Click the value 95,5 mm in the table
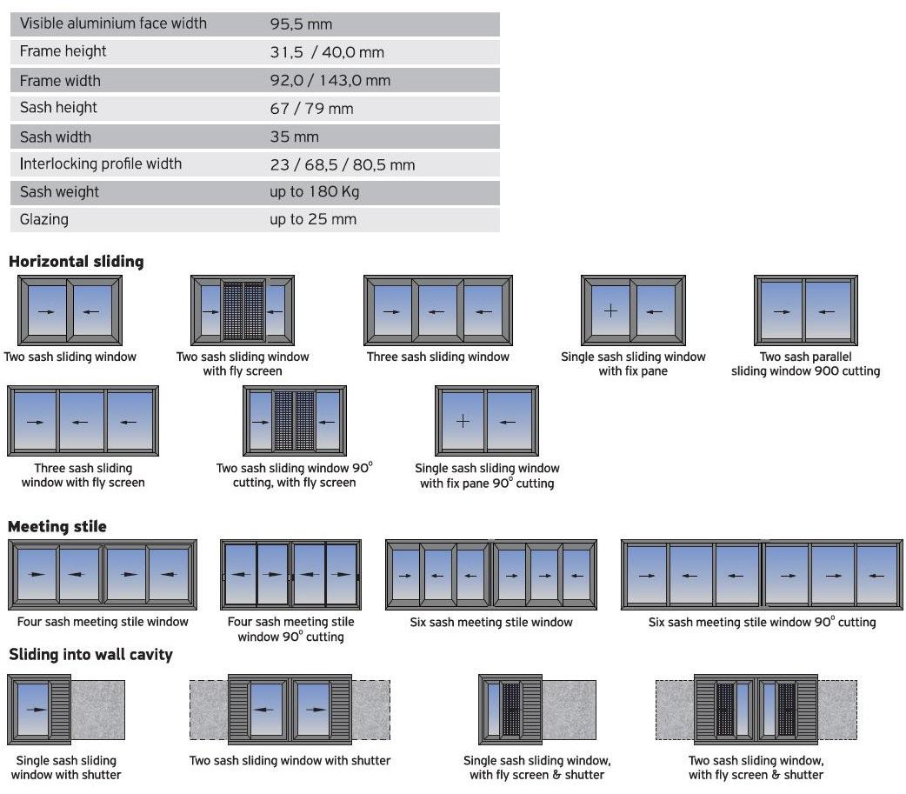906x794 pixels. (301, 24)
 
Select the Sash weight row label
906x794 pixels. (59, 192)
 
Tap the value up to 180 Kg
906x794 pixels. (314, 192)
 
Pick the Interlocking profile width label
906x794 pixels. (101, 164)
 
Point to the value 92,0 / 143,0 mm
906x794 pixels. (330, 81)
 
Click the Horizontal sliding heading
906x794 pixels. (77, 261)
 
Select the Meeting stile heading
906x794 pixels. (57, 526)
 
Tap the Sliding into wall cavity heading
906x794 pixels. (90, 655)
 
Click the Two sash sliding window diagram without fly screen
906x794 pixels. (70, 310)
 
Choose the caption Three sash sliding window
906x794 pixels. (437, 357)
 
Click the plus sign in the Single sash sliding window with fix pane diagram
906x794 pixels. (610, 310)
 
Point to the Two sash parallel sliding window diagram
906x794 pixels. (805, 310)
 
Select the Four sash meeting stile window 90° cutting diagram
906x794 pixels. (290, 575)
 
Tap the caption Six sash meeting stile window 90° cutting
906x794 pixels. (762, 622)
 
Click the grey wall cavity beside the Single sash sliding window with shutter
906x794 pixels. (97, 710)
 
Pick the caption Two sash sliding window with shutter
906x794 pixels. (290, 761)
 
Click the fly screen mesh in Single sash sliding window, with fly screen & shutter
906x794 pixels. (511, 710)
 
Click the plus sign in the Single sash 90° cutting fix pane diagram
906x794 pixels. (463, 421)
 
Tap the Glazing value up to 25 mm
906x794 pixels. (313, 219)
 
